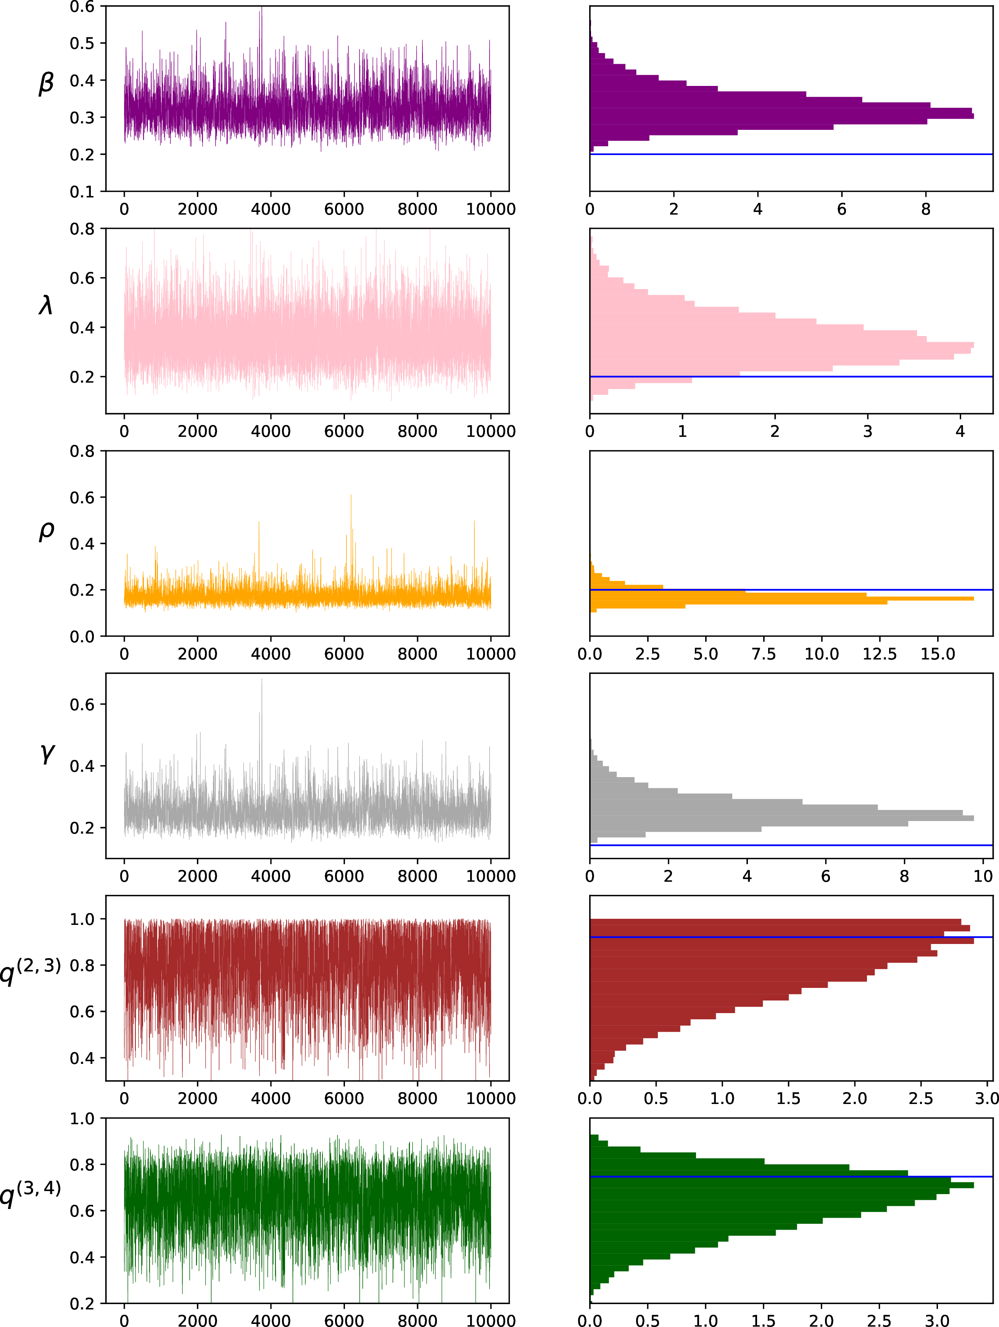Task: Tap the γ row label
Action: [47, 753]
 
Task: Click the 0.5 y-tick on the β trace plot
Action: [82, 43]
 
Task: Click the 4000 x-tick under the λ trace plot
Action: [271, 432]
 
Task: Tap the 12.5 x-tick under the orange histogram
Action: [880, 654]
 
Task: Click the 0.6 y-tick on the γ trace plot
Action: [82, 704]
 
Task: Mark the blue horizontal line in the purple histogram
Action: [791, 154]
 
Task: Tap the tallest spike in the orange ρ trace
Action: [351, 496]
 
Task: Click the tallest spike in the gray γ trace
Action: [261, 680]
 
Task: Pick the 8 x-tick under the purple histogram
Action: [926, 209]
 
